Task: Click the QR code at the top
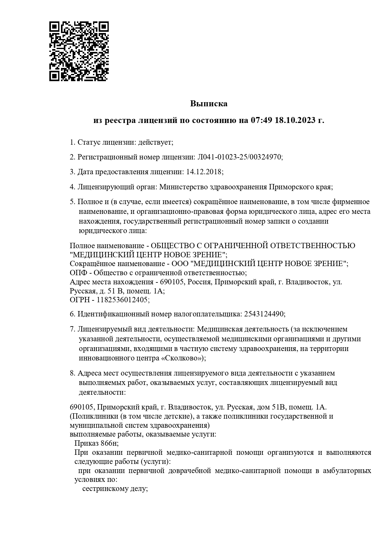[79, 51]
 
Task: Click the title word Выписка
[209, 103]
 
